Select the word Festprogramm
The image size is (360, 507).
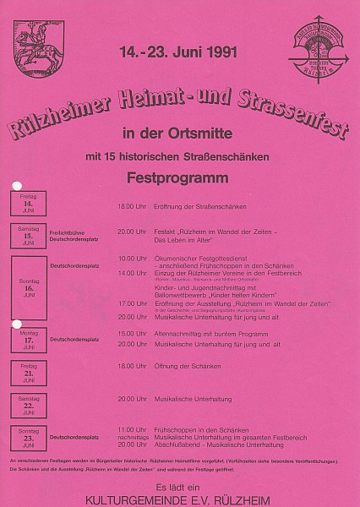[x=179, y=178]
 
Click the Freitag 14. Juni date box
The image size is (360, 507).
[x=29, y=203]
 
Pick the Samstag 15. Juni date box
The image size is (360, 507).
[x=29, y=232]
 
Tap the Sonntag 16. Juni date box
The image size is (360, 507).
[x=29, y=287]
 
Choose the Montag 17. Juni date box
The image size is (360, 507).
[x=29, y=340]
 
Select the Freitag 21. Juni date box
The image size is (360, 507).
[x=29, y=371]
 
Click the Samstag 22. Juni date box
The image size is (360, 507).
[x=29, y=404]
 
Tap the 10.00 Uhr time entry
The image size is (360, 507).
[x=132, y=258]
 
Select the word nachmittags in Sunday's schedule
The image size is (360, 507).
[x=132, y=438]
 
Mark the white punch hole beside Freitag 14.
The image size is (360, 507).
[x=16, y=186]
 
